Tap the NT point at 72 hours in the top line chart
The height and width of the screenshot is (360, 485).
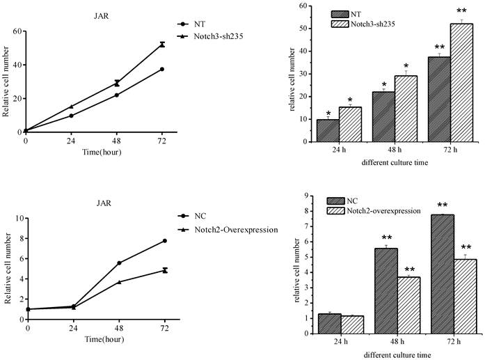point(162,69)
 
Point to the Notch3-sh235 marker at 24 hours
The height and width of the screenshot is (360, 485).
point(71,107)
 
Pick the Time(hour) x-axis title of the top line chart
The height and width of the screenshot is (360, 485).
point(95,152)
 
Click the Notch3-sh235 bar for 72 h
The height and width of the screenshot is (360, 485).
point(461,83)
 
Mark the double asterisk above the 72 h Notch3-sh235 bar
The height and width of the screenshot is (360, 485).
point(461,12)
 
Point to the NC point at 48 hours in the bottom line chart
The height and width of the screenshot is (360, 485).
point(118,263)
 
